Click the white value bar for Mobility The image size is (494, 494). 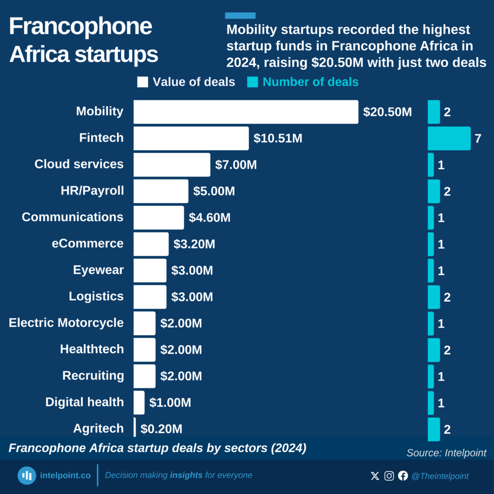[246, 112]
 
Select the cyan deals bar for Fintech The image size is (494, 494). [449, 138]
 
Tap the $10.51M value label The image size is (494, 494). [278, 138]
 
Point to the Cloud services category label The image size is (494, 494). [79, 164]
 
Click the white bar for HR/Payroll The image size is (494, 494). [161, 191]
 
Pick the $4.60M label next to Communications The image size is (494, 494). [209, 218]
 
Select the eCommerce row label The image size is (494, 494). [88, 244]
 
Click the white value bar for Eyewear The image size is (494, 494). [150, 270]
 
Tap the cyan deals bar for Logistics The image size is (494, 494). [434, 297]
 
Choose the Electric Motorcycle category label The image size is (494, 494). [66, 323]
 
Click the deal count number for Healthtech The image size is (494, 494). [447, 350]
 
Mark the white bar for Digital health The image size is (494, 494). [139, 402]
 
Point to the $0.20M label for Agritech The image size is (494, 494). [161, 428]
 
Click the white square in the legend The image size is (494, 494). [142, 82]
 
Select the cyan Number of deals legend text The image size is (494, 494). [310, 82]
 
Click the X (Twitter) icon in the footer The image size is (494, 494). [375, 476]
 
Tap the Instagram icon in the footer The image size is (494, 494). [389, 476]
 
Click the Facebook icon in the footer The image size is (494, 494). [403, 476]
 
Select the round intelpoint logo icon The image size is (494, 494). [27, 476]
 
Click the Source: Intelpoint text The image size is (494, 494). [446, 453]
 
